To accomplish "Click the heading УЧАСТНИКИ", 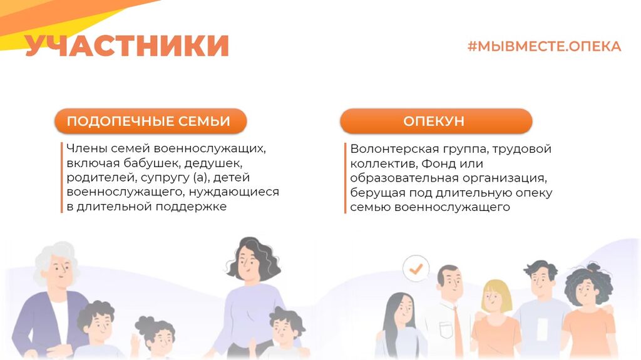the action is (x=126, y=45).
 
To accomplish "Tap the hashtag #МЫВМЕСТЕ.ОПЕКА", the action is (x=544, y=46).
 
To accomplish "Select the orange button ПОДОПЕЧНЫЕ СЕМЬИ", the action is (x=150, y=121).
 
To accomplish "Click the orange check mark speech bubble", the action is (x=416, y=269).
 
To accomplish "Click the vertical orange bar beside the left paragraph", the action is (x=62, y=178).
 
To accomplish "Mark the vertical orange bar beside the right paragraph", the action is (x=345, y=178).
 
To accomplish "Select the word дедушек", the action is (x=213, y=163).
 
